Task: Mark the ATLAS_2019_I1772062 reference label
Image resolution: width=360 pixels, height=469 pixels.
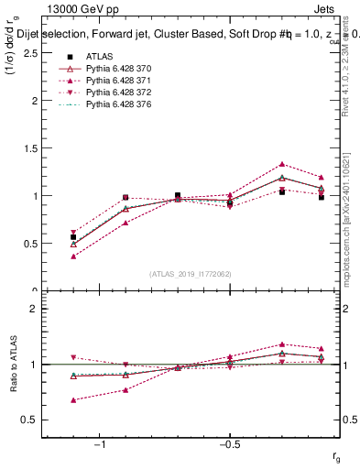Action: pyautogui.click(x=191, y=274)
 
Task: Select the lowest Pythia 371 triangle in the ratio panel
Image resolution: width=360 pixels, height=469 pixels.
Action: pyautogui.click(x=73, y=399)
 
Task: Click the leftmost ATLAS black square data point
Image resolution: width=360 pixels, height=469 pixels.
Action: pyautogui.click(x=73, y=236)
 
